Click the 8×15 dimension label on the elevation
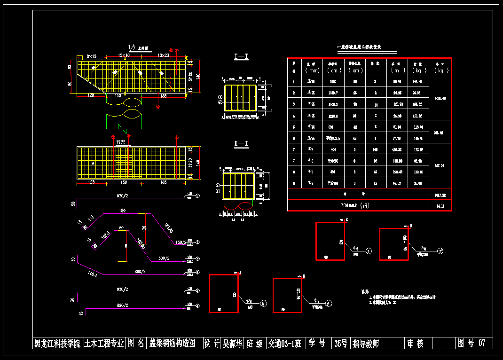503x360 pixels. pos(91,56)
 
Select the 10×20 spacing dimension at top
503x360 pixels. pos(164,55)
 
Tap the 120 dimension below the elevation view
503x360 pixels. pos(91,96)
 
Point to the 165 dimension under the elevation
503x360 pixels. pos(163,96)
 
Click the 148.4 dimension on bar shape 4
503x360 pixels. pos(92,274)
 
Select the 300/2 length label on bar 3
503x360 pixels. pos(164,258)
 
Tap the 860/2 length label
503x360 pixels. pos(140,271)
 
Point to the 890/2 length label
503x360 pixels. pos(123,305)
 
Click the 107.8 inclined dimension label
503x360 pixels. pos(104,234)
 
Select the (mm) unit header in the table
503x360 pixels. pos(312,70)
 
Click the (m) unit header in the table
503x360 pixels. pos(397,70)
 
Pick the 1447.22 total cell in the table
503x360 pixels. pos(440,194)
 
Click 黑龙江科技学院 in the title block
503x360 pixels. pos(57,343)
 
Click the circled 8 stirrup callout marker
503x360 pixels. pos(263,304)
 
